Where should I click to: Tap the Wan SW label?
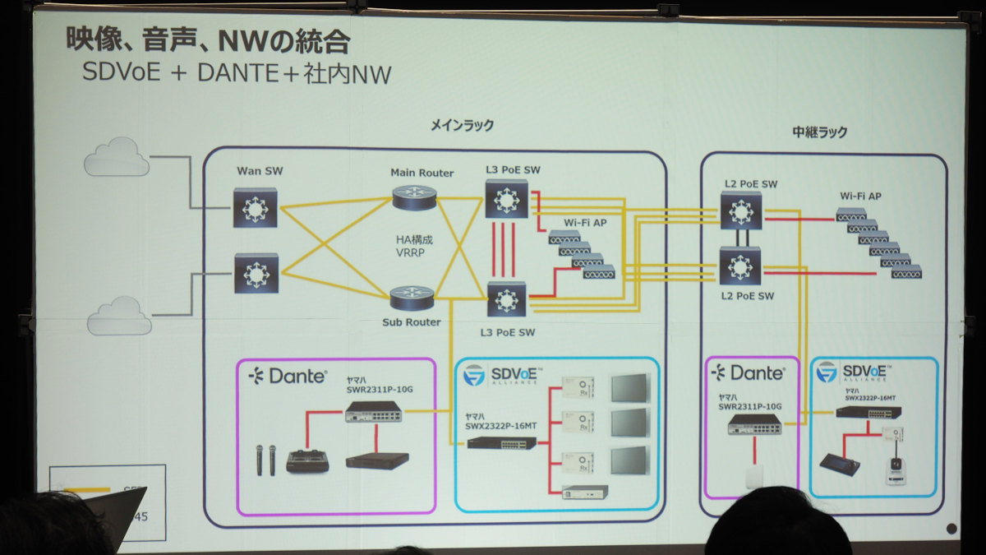pos(260,171)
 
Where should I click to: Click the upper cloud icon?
pos(117,157)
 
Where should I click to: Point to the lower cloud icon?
pos(120,316)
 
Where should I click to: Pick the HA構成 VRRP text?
pos(414,246)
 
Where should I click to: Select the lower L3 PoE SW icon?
pos(505,298)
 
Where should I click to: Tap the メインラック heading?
pos(463,125)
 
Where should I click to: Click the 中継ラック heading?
pos(819,132)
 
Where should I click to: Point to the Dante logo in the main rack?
pos(288,376)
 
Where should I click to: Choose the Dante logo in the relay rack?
pos(748,373)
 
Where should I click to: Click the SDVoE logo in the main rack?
pos(501,376)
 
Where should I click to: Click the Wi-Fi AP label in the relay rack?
pos(860,196)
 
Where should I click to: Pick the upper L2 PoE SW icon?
pos(743,213)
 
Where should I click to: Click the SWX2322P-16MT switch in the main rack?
pos(501,442)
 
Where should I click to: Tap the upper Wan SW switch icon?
pos(256,207)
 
